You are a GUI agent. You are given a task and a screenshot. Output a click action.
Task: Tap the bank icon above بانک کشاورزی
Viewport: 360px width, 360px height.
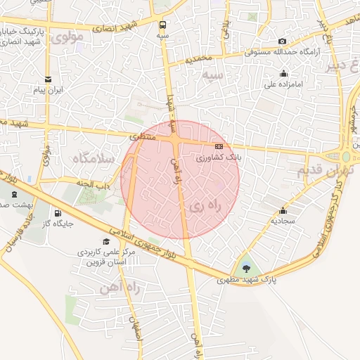click(219, 146)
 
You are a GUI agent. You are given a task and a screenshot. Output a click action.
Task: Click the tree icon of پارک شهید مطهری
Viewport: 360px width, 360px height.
click(245, 267)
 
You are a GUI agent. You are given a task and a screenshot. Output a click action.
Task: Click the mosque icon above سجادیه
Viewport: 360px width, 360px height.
click(283, 210)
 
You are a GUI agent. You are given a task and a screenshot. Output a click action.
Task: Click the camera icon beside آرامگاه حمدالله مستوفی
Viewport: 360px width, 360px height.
click(283, 41)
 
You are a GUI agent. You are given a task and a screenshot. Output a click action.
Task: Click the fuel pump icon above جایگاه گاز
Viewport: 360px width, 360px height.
click(57, 213)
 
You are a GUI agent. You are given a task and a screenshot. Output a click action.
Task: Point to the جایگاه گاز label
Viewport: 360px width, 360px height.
click(60, 224)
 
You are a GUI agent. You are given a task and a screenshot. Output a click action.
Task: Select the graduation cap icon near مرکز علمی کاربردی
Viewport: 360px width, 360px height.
click(106, 240)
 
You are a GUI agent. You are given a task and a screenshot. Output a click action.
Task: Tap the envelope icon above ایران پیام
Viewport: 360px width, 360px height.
click(48, 79)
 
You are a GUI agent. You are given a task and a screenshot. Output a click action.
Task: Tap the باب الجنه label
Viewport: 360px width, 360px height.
click(95, 184)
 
